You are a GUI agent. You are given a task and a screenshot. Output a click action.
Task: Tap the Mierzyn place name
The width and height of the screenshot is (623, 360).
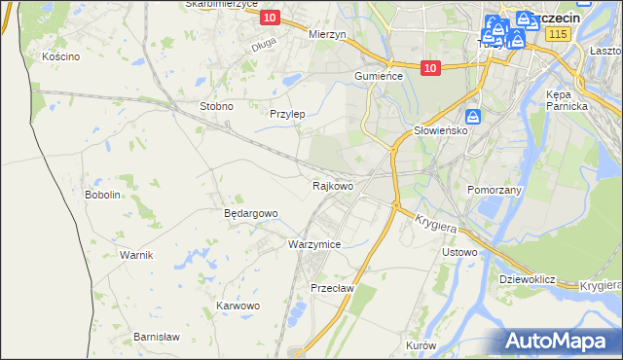point(327,34)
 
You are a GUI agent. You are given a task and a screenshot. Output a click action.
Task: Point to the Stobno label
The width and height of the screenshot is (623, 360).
point(215,106)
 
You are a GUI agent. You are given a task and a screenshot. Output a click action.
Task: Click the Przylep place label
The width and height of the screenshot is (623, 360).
point(287,114)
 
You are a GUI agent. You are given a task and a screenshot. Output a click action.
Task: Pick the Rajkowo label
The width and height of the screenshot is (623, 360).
point(332,185)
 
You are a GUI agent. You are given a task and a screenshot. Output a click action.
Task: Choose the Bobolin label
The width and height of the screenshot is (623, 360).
point(102,195)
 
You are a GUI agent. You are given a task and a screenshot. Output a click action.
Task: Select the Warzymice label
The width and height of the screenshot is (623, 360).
point(313,244)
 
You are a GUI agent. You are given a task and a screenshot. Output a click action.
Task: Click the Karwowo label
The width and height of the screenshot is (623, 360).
point(238,306)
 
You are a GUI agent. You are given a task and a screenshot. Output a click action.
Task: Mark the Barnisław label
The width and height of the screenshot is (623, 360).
point(156,337)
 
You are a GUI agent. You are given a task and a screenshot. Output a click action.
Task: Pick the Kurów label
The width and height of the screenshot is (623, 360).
point(421,346)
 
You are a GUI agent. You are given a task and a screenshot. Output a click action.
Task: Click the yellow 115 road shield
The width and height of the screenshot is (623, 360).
point(557,34)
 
